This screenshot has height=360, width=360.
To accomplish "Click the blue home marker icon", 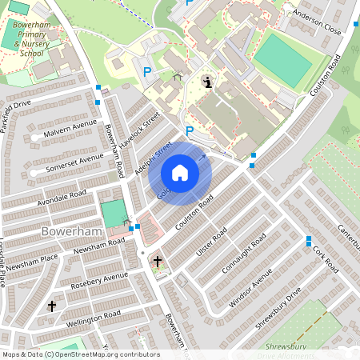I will pos(180,173).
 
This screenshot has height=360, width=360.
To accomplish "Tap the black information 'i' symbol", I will pos(208,82).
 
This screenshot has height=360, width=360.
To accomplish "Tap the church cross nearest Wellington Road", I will pos(52,306).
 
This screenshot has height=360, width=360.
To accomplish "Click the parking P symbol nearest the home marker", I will pos(190,131).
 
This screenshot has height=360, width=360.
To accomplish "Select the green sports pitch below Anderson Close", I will pos(282,60).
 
